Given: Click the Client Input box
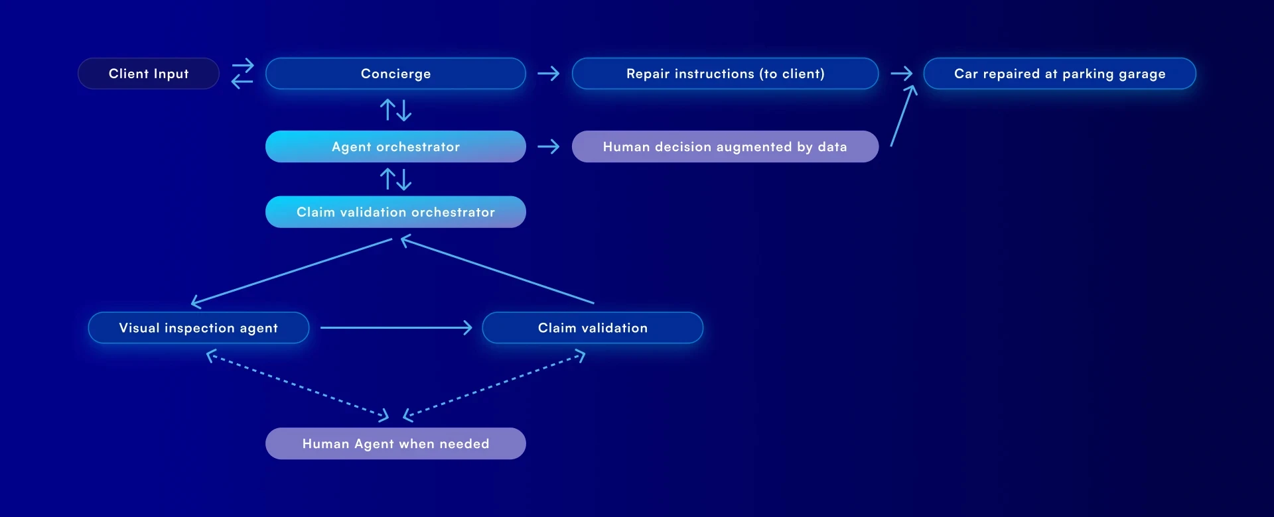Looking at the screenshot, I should [149, 74].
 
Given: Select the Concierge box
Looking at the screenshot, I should [395, 74].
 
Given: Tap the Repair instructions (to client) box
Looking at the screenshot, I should [725, 74].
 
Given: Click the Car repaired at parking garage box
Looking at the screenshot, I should [1060, 74].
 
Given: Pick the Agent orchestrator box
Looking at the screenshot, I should [395, 146].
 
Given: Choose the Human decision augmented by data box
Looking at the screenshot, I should [725, 146].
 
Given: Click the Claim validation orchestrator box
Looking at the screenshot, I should [395, 212].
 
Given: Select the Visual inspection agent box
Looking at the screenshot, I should [198, 328].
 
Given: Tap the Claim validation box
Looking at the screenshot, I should [593, 328].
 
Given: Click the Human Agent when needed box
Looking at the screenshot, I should [395, 443].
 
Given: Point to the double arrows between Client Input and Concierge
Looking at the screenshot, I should [242, 74].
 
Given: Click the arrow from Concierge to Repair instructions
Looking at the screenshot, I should [549, 74].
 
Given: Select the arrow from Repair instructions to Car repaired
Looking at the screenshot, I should [901, 74].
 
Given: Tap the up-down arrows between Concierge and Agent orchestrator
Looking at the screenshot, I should [395, 110].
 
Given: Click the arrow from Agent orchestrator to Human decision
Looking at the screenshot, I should [549, 146].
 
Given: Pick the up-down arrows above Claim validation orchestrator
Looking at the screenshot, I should [395, 179].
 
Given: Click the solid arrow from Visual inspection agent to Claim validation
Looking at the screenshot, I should [396, 327].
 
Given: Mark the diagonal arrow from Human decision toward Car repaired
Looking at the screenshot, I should [903, 116].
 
